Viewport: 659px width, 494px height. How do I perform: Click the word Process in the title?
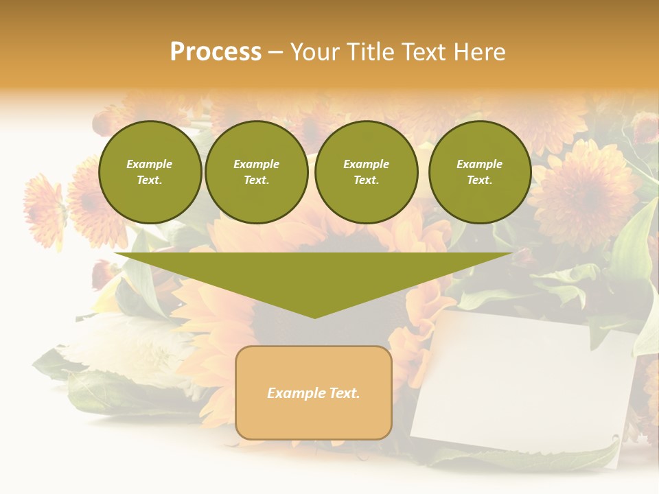click(x=216, y=52)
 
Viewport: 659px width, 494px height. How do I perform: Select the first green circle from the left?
click(x=150, y=172)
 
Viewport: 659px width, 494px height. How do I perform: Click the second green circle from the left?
click(x=257, y=172)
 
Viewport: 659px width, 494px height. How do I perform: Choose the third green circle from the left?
click(x=367, y=172)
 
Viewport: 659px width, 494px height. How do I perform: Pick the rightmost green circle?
click(x=480, y=172)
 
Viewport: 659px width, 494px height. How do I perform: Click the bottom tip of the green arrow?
click(x=314, y=316)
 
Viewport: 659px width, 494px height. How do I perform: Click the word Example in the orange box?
click(x=294, y=393)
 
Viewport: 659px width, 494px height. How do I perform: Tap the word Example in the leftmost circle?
click(x=150, y=164)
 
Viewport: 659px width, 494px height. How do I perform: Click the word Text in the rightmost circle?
click(x=479, y=180)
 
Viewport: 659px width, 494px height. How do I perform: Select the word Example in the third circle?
click(x=366, y=164)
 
